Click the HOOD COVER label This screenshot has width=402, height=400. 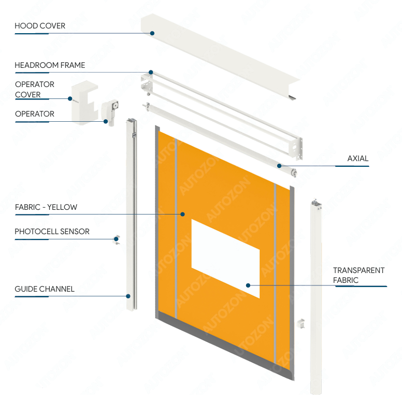pyautogui.click(x=40, y=26)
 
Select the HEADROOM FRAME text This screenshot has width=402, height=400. pyautogui.click(x=50, y=65)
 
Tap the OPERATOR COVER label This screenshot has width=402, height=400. pyautogui.click(x=34, y=89)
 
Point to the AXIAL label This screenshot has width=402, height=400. pyautogui.click(x=358, y=159)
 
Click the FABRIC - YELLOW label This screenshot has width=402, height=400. pyautogui.click(x=46, y=207)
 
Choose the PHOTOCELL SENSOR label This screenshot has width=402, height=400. pyautogui.click(x=52, y=232)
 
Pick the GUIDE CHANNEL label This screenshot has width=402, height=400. pyautogui.click(x=45, y=289)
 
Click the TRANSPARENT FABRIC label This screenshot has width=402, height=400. pyautogui.click(x=358, y=275)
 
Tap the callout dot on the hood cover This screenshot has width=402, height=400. pyautogui.click(x=152, y=33)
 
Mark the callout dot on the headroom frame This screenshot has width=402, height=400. pyautogui.click(x=151, y=73)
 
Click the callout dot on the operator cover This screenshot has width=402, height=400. pyautogui.click(x=70, y=98)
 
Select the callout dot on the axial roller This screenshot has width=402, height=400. pyautogui.click(x=279, y=166)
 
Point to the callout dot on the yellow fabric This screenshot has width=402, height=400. pyautogui.click(x=182, y=214)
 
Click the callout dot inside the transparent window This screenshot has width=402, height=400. pyautogui.click(x=249, y=285)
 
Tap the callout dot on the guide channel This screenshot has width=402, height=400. pyautogui.click(x=128, y=296)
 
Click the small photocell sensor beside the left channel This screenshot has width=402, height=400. pyautogui.click(x=118, y=239)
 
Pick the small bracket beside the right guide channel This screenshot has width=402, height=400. pyautogui.click(x=300, y=324)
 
